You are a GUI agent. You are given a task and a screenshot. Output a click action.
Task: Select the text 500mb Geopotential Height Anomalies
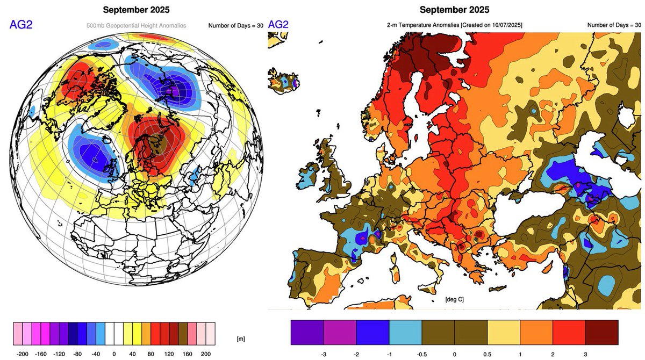[137, 25]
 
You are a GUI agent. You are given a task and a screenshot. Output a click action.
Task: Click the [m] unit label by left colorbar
[241, 339]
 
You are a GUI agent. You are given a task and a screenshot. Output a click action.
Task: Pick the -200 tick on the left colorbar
[23, 355]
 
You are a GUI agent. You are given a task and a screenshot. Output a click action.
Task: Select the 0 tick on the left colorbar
[114, 355]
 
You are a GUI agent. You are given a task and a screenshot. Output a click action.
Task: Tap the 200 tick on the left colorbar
[206, 355]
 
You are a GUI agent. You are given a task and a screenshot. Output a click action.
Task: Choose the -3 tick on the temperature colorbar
[324, 355]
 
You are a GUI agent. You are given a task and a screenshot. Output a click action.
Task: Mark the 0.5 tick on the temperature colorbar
[487, 355]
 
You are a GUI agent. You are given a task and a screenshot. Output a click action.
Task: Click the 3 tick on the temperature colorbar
[585, 355]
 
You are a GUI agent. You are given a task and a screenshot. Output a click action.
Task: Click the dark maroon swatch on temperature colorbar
[601, 332]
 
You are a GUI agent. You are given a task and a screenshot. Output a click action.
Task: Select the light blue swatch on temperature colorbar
[405, 332]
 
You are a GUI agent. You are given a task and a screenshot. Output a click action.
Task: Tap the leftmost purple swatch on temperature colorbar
[307, 332]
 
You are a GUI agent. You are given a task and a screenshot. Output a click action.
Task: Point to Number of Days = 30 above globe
[235, 25]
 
